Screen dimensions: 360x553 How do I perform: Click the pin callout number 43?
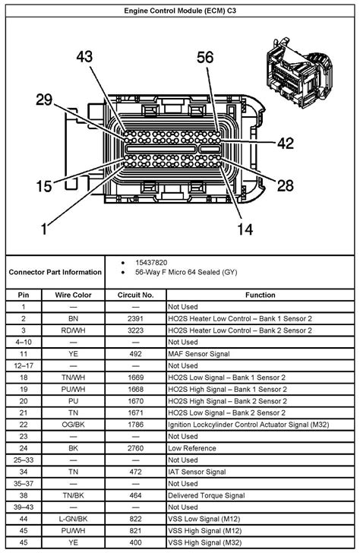point(84,56)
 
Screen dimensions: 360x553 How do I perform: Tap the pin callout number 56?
point(205,57)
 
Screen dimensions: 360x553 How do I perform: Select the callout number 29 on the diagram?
point(44,100)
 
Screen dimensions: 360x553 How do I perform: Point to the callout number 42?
point(286,143)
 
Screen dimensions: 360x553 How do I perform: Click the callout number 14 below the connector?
point(245,229)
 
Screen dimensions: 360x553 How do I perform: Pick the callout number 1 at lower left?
point(44,229)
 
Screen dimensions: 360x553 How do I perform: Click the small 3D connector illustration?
point(298,74)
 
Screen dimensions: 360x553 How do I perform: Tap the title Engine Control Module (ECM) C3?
point(180,11)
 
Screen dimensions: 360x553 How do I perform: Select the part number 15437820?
point(151,263)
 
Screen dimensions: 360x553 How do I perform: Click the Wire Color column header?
point(73,295)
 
